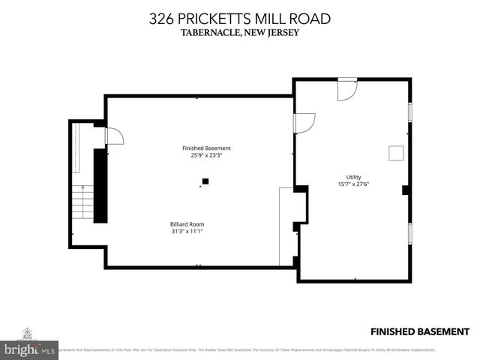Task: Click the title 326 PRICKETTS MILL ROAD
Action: click(239, 18)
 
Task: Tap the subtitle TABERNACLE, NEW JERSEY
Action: click(239, 32)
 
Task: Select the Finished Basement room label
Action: click(206, 148)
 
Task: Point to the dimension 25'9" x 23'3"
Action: click(206, 156)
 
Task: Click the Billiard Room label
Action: click(186, 223)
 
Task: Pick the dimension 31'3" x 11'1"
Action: click(186, 231)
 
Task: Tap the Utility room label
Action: click(353, 177)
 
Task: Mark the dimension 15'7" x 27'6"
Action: click(353, 184)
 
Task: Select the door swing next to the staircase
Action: click(113, 136)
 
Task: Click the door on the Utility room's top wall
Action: click(347, 89)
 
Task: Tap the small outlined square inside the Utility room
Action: click(394, 152)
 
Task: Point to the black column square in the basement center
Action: click(205, 181)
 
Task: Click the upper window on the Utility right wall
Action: click(409, 111)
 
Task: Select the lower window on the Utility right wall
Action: click(409, 232)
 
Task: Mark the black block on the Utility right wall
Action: click(405, 190)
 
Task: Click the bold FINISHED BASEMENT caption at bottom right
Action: click(420, 331)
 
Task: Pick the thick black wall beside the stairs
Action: click(99, 184)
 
